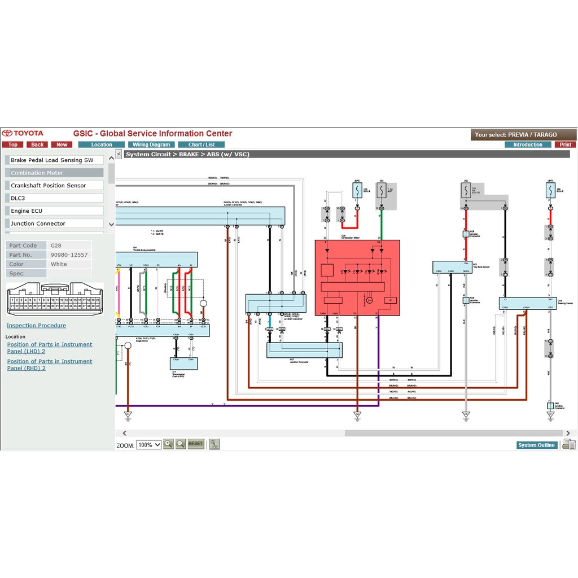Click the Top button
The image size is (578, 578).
12,144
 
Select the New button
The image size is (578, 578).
62,144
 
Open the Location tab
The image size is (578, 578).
102,144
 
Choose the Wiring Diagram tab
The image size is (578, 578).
151,144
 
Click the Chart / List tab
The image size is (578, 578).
202,144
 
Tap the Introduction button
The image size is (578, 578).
528,144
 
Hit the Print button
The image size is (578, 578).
566,144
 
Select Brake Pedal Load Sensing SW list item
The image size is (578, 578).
54,160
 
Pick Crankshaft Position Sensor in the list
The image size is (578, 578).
54,186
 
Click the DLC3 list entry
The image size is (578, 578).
54,198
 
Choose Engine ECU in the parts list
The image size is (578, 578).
54,211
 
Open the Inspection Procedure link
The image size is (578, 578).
36,326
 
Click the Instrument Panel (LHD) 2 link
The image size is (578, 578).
50,348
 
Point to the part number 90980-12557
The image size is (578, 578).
69,255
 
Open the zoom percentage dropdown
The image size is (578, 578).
149,445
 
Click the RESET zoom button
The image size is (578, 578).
195,444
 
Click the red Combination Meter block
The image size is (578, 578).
357,277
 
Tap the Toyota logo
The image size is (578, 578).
23,134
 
